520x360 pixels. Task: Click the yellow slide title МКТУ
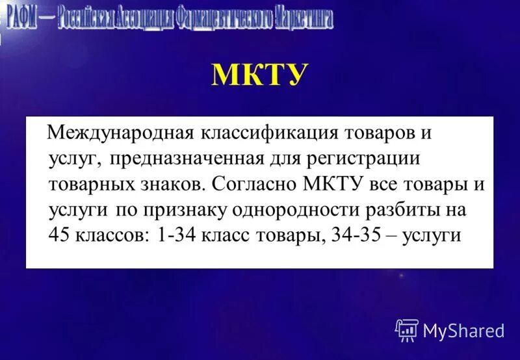pos(259,76)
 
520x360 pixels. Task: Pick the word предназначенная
pos(187,159)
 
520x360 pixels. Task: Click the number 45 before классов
pos(60,235)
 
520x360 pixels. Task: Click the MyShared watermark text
pos(463,331)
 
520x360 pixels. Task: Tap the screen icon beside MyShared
pos(406,330)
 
